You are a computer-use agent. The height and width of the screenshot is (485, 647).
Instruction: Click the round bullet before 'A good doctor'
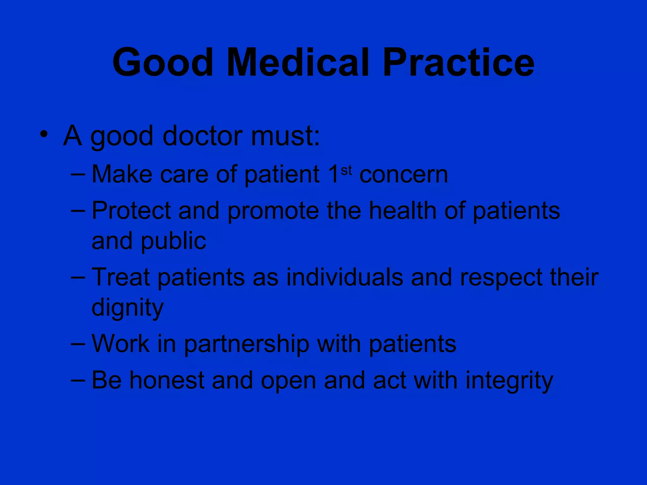pyautogui.click(x=44, y=134)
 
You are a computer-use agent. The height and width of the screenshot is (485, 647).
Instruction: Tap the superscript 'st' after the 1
pyautogui.click(x=346, y=171)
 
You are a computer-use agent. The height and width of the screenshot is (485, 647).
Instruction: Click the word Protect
pyautogui.click(x=131, y=211)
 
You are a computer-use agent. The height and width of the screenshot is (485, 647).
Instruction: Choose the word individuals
pyautogui.click(x=345, y=277)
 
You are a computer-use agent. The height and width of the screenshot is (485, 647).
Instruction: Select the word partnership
pyautogui.click(x=247, y=344)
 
